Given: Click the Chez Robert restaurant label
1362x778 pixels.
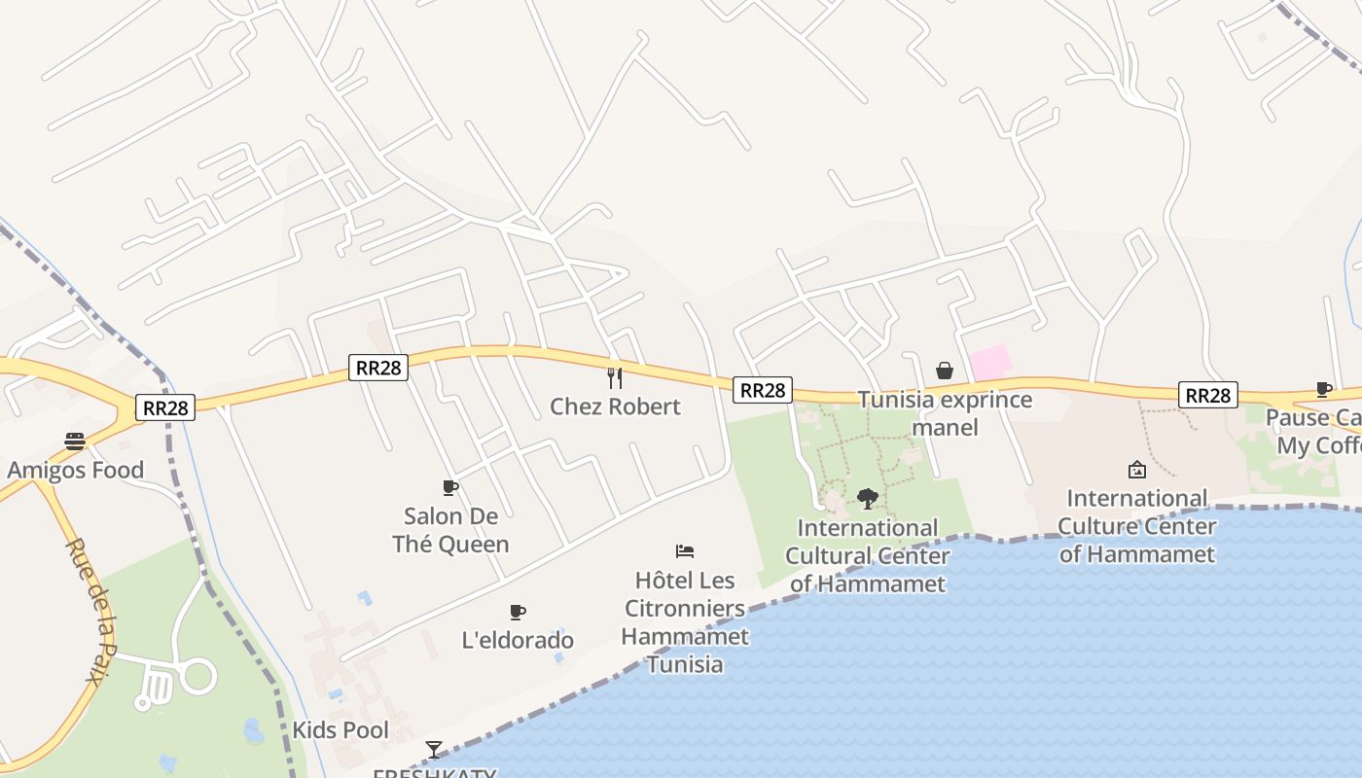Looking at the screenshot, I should pos(615,407).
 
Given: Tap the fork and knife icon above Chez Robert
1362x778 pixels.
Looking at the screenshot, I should pos(614,376).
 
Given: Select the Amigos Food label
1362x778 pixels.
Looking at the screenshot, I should pos(76,471).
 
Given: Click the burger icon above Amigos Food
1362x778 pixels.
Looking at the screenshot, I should pos(75,442).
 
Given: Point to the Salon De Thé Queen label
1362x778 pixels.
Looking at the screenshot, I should pos(450,530).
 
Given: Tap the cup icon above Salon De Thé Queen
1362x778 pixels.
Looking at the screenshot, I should pos(449,487).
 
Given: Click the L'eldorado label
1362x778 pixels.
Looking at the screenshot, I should pos(518,640).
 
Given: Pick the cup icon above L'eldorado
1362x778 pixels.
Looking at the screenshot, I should pos(518,612).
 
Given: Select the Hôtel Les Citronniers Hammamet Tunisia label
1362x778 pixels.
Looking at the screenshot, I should pos(685,622).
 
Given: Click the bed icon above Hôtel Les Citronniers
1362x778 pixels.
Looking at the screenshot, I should pos(685,551).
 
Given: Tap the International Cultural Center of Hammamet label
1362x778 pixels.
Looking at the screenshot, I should pos(868,555).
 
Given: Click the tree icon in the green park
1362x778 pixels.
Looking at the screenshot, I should pos(868,499).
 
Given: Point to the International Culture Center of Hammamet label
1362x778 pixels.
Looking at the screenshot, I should pos(1136,526).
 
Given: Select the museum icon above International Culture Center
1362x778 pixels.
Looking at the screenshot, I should pos(1136,471).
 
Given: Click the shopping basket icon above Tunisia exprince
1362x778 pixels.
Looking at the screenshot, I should pos(944,371).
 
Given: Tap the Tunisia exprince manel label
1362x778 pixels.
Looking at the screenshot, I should pos(945,413).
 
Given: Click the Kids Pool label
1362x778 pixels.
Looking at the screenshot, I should pos(340,730).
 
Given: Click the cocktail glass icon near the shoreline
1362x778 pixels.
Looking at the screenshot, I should pos(434,749).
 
